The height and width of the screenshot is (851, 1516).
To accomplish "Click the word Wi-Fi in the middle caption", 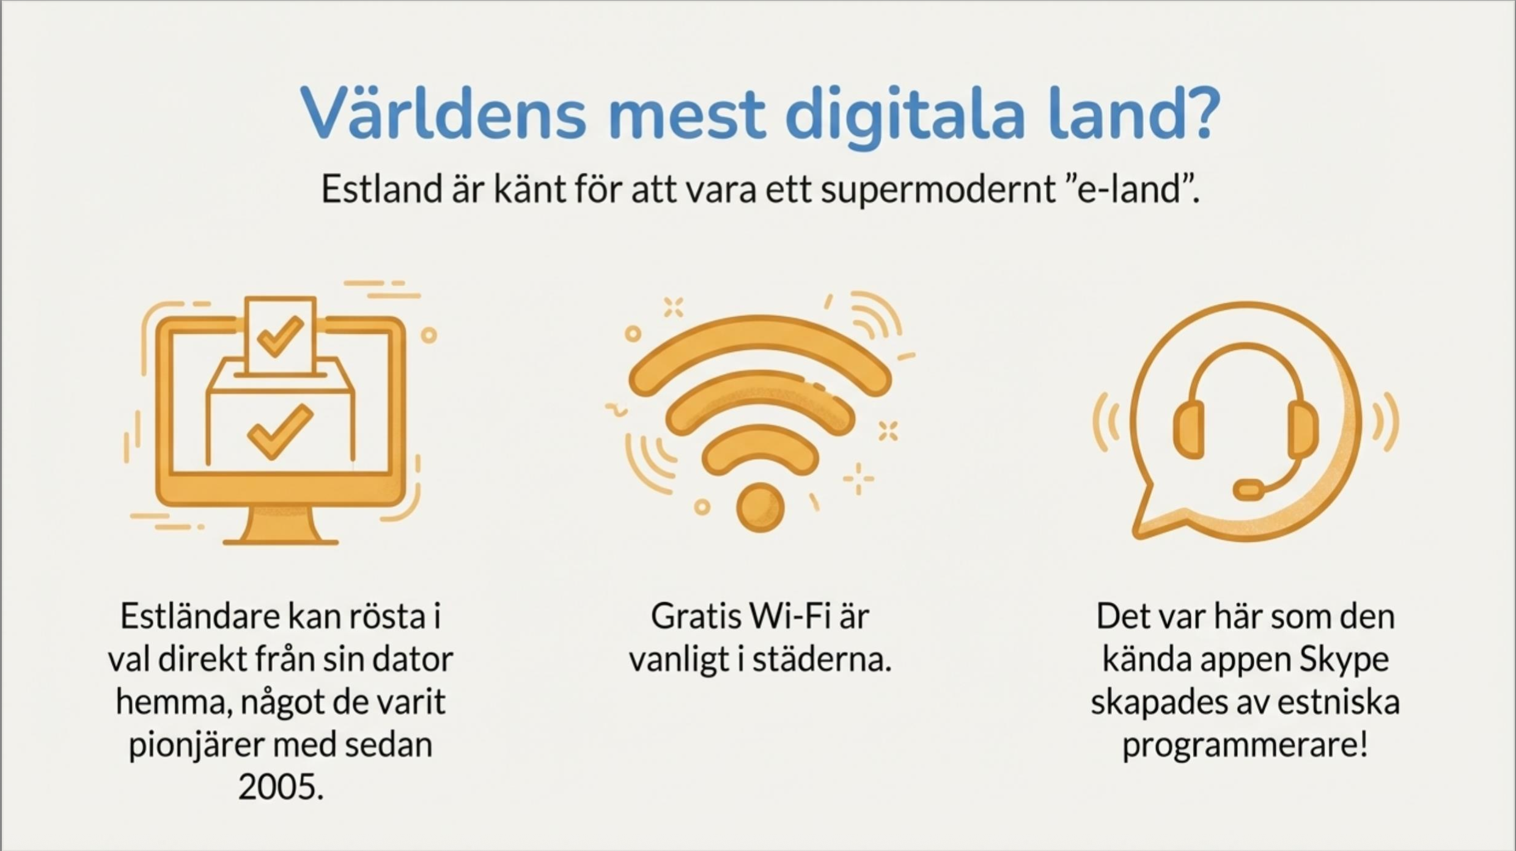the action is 790,616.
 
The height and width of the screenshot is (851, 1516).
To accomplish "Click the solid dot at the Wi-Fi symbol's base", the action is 760,507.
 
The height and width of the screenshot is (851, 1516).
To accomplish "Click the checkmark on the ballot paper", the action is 280,336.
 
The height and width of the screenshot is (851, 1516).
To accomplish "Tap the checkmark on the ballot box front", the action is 281,432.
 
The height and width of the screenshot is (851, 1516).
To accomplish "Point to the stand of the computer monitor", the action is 281,526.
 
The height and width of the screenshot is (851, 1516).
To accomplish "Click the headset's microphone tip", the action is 1249,490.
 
